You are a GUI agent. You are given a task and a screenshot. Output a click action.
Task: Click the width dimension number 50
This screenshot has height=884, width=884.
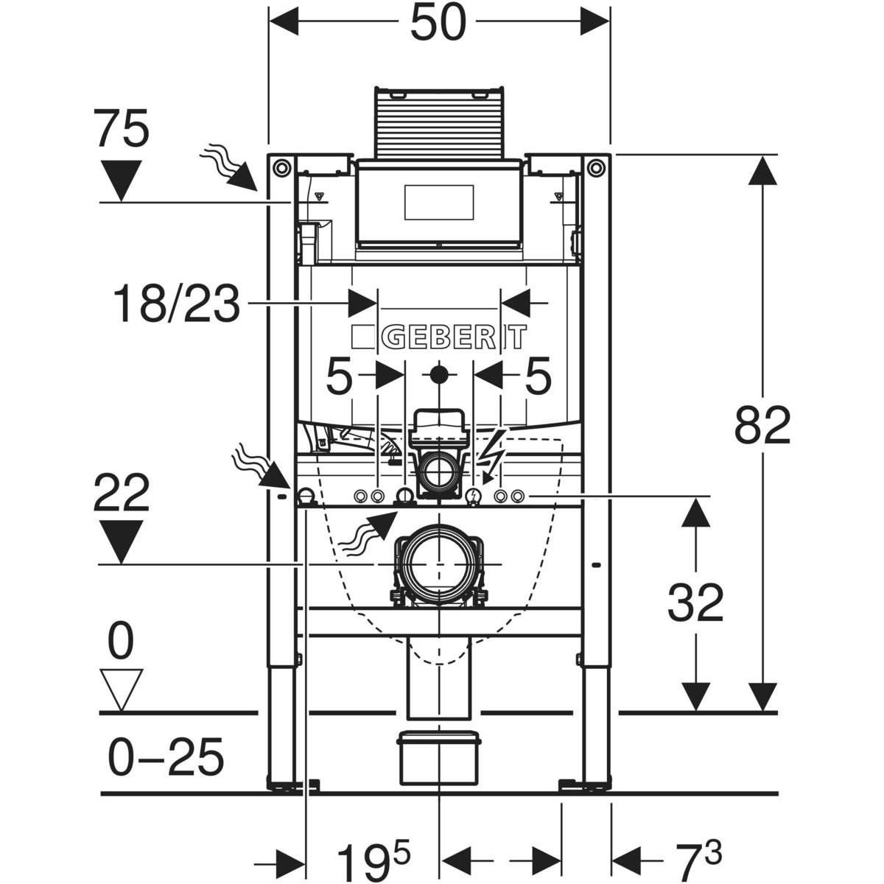pos(439,23)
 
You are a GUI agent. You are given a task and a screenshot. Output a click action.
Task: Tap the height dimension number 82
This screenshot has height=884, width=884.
pos(762,425)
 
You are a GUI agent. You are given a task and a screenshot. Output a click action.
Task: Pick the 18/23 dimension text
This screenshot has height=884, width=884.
pos(177,304)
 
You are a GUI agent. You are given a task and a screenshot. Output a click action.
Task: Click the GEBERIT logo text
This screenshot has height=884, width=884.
pos(452,337)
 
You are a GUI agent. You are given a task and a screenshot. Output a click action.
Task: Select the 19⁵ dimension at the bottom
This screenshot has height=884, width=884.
pos(373,858)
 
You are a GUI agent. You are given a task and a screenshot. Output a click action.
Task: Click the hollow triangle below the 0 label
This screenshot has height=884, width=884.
pos(122,690)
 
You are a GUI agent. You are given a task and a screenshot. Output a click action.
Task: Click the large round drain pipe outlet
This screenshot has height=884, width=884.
pos(439,563)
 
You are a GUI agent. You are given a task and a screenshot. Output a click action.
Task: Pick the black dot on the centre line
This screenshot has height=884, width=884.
pos(439,374)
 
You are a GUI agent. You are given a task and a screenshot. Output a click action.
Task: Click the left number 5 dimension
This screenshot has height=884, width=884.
pos(340,378)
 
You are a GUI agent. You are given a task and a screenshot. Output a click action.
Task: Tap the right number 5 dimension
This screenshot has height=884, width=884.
pos(538,378)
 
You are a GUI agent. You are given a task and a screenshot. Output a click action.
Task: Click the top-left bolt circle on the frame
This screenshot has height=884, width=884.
pos(281,167)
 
